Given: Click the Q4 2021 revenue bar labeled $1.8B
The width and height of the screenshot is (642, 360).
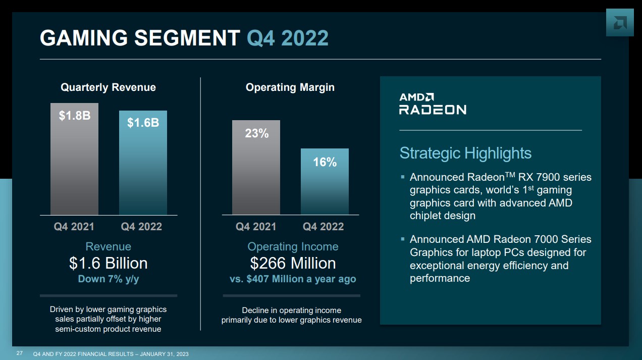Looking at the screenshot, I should click(74, 159).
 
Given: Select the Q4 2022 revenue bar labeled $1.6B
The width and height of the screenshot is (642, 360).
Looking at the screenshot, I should click(143, 163).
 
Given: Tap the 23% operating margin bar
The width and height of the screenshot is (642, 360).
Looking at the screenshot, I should click(256, 168).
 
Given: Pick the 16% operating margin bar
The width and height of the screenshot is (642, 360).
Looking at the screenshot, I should click(325, 182).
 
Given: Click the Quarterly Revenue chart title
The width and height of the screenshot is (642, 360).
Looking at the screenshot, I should click(108, 87).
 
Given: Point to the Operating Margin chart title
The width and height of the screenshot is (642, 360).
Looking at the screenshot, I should click(290, 87).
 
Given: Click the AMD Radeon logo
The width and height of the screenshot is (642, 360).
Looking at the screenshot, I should click(433, 104).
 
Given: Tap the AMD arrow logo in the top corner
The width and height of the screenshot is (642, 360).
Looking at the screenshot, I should click(619, 23).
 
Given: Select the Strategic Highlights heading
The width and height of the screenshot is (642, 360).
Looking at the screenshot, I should click(465, 153).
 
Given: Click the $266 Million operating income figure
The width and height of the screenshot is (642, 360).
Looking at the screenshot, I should click(293, 263).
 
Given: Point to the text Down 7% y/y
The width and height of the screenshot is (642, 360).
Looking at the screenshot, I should click(108, 279).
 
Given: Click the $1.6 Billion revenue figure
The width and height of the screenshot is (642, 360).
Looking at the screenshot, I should click(108, 263).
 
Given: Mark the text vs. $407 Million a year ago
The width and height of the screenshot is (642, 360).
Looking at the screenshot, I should click(293, 279).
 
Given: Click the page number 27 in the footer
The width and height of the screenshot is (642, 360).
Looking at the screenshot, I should click(20, 353).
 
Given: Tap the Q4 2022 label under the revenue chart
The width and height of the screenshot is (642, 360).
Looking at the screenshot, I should click(141, 227).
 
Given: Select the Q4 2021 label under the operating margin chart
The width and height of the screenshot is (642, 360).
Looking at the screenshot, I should click(256, 227).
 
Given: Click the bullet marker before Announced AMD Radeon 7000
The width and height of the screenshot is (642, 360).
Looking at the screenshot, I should click(403, 239).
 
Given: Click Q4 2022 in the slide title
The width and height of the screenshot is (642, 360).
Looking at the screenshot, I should click(288, 38).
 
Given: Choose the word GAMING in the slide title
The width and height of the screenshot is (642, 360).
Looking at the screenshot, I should click(86, 38).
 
